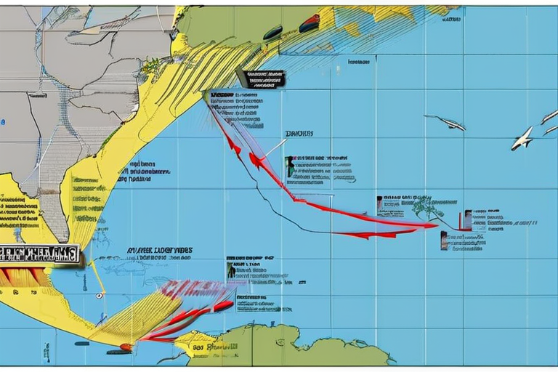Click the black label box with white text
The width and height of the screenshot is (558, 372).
tap(261, 78)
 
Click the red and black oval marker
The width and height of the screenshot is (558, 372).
tap(309, 23)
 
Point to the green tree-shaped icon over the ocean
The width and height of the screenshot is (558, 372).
tap(427, 209)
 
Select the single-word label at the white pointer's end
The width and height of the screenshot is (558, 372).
tap(299, 134)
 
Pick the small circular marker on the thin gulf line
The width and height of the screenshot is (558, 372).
tap(99, 296)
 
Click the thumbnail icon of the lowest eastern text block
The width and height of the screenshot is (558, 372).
tap(444, 240)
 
